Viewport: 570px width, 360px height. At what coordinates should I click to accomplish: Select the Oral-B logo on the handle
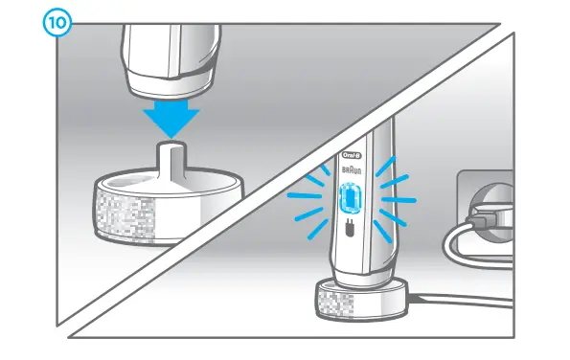click(x=351, y=155)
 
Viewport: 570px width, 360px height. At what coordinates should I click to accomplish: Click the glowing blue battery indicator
click(x=351, y=198)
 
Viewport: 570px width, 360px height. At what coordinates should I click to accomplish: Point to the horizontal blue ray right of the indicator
click(x=403, y=201)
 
